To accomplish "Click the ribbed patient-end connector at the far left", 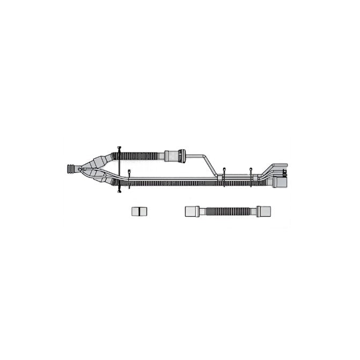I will [x=72, y=169].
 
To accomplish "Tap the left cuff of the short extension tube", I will [x=192, y=210].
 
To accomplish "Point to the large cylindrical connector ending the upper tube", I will [x=175, y=156].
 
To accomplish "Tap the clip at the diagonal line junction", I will [x=223, y=175].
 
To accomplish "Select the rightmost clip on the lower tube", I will [x=251, y=176].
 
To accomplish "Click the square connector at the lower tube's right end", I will [x=280, y=182].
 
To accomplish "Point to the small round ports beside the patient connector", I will [x=82, y=170].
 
